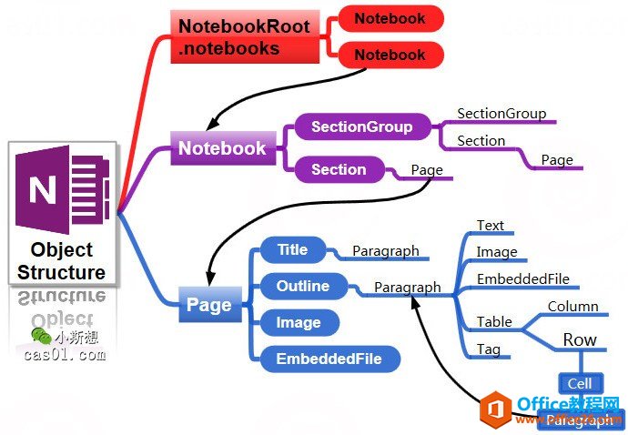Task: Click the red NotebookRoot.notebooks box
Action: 244,37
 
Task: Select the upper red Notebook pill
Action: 390,18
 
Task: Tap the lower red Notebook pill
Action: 390,55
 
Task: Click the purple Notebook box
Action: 222,148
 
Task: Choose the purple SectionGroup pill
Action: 361,127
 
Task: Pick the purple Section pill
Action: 339,169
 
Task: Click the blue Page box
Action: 208,305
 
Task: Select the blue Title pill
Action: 292,249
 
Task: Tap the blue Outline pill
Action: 303,286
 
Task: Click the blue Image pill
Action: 299,322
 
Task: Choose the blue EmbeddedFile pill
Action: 329,359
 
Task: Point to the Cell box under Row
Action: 580,384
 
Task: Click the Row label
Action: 580,340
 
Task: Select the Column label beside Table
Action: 572,307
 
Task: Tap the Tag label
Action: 489,349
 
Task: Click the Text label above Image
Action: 490,226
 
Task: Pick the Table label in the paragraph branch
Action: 494,321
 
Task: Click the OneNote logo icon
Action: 62,190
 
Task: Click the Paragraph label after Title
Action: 385,251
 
